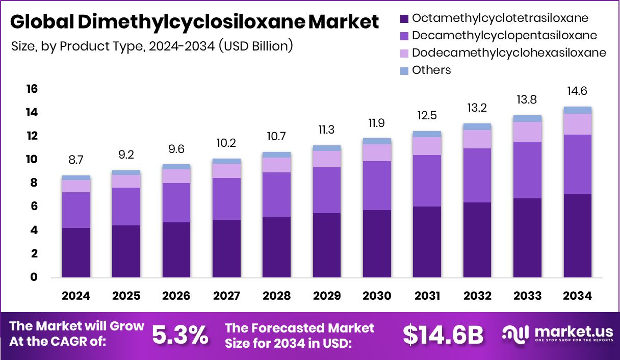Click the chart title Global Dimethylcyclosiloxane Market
(194, 22)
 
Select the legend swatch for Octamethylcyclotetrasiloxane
(404, 19)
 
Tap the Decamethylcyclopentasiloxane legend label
(504, 36)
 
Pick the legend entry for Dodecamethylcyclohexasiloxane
(508, 53)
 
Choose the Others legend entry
(431, 70)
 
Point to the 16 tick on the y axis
(32, 89)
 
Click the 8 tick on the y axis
(34, 183)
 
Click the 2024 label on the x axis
(76, 296)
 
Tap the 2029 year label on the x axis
(327, 296)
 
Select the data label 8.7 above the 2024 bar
(76, 160)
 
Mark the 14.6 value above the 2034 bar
(578, 91)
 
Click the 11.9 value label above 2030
(377, 123)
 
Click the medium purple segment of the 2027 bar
(226, 199)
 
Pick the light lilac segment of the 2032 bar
(477, 139)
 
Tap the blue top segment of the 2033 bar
(527, 118)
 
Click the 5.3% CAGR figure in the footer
(180, 335)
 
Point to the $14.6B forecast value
(443, 335)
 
